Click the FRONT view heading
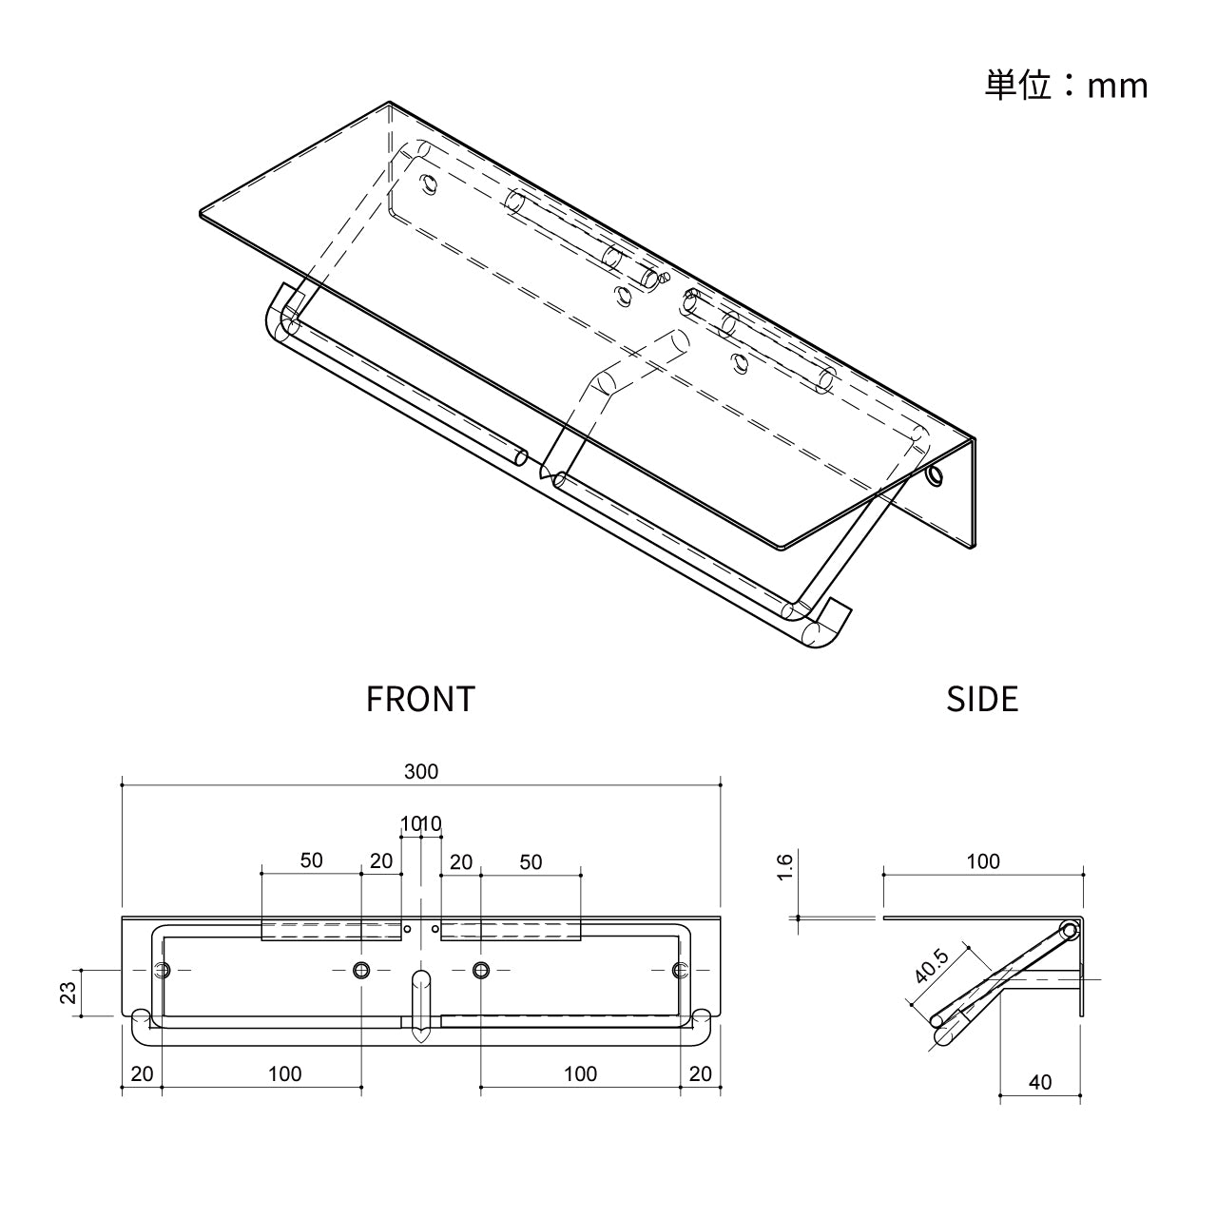point(420,699)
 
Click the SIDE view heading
point(982,699)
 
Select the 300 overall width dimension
point(421,772)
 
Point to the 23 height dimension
point(68,993)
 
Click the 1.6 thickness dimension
point(782,867)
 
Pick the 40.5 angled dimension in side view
point(932,966)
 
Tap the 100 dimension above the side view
point(983,861)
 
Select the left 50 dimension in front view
point(311,860)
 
